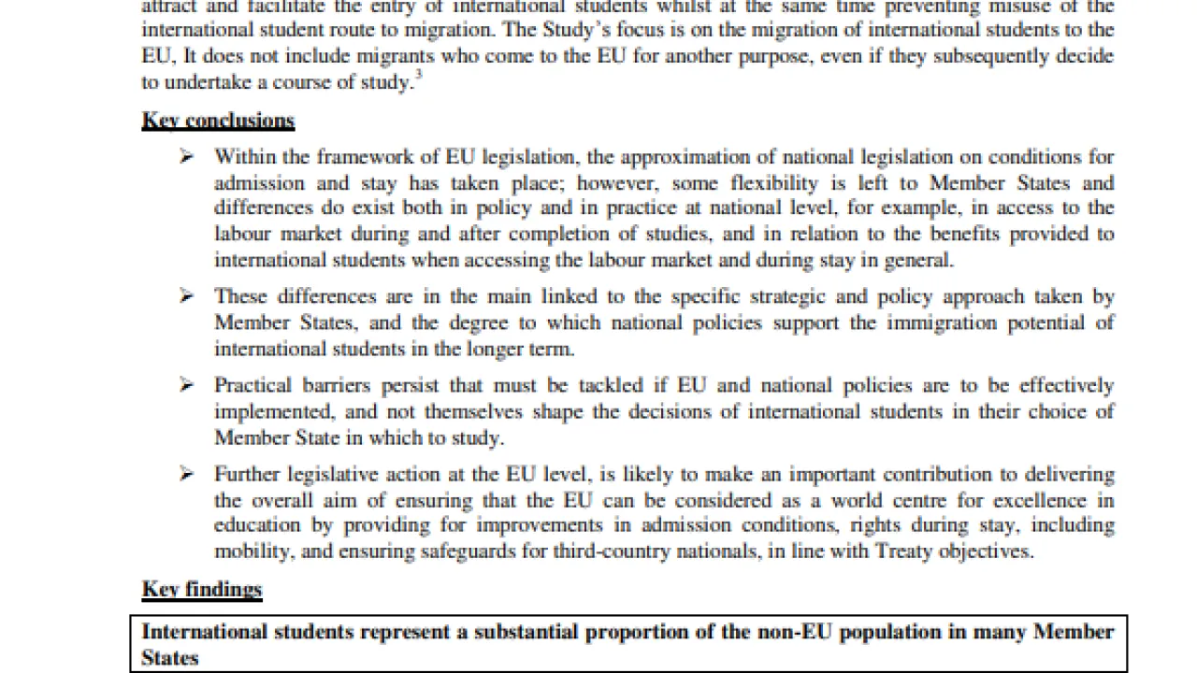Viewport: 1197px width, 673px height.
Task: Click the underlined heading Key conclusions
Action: (x=218, y=121)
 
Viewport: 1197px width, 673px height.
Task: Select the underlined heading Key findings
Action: (x=202, y=590)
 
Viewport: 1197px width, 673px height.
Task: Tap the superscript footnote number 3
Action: (x=418, y=77)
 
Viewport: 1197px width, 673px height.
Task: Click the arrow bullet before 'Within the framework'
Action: (x=187, y=157)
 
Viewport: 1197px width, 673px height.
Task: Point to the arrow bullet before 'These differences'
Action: (x=187, y=296)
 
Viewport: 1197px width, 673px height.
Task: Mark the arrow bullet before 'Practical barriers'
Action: (x=187, y=385)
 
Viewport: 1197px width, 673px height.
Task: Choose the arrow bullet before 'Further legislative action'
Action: (x=187, y=474)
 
